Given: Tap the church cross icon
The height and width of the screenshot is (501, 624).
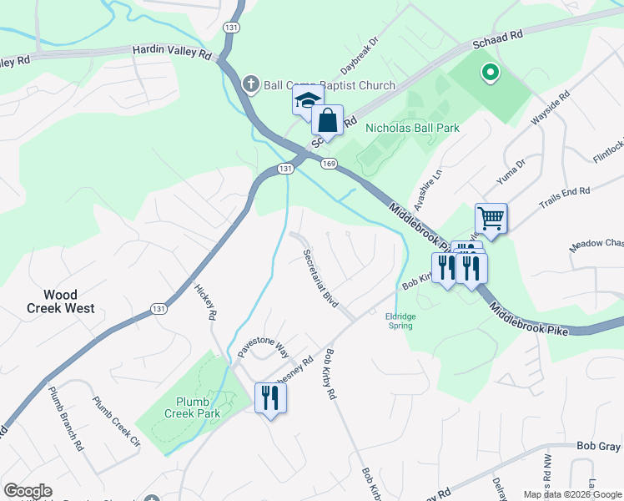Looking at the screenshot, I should click(x=250, y=83).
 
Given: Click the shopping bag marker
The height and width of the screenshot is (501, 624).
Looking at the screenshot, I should click(x=328, y=120).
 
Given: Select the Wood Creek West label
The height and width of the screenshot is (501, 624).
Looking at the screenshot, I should click(x=68, y=301).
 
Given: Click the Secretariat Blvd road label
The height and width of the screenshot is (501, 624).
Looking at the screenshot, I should click(x=320, y=278).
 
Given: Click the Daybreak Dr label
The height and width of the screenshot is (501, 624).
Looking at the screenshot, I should click(x=360, y=54).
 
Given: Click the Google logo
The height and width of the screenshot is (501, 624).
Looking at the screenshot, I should click(x=28, y=491).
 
